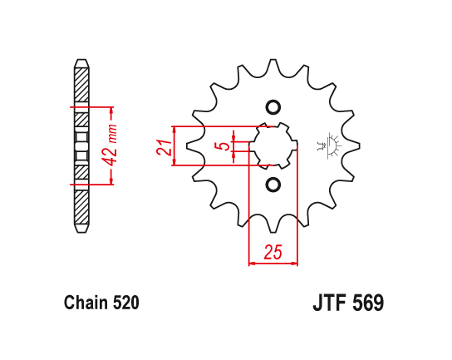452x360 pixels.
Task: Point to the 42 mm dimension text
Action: point(112,145)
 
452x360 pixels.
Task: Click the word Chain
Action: point(83,303)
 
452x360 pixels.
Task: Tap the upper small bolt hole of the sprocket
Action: point(273,107)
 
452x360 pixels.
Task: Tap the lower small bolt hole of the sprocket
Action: point(273,184)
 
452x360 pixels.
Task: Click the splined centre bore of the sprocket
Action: point(273,146)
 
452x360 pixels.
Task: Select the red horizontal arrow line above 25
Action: point(273,265)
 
